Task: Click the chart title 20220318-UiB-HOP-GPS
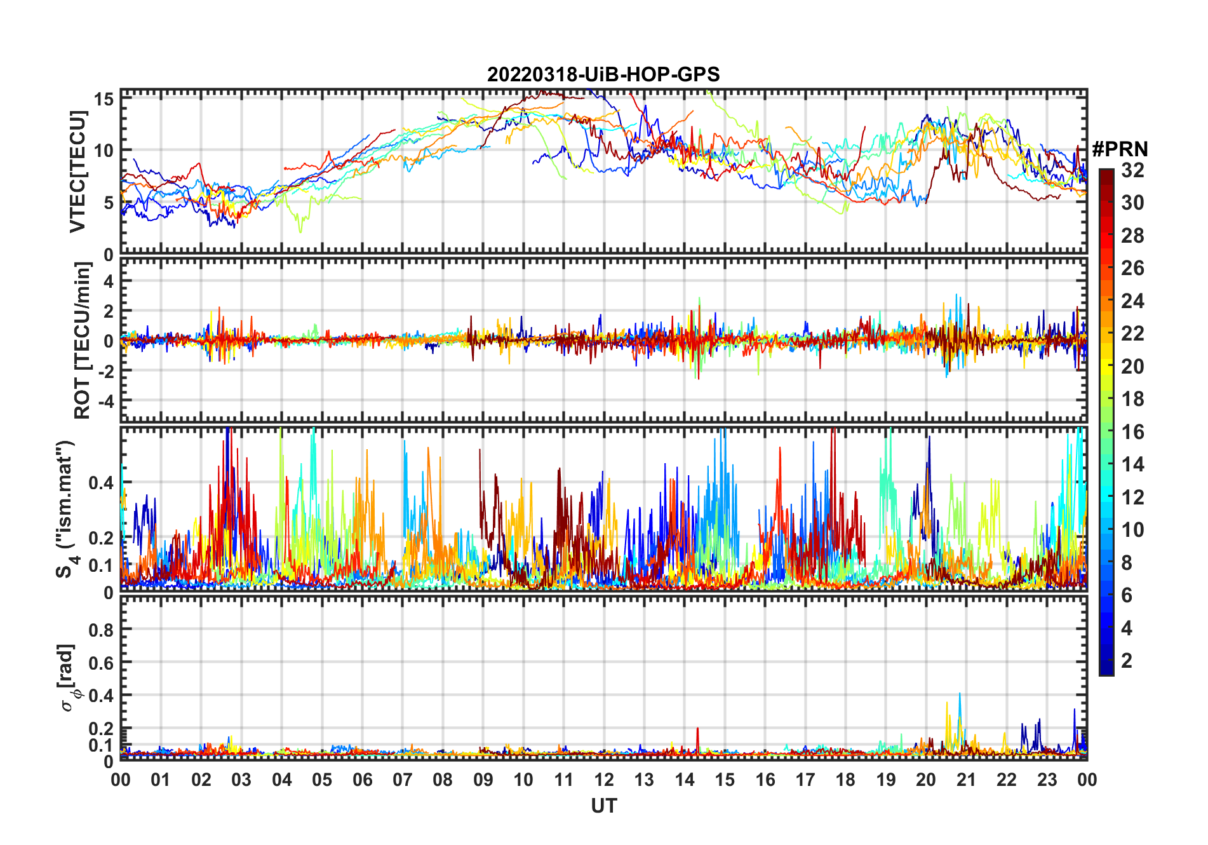pos(603,75)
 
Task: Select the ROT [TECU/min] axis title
pos(83,341)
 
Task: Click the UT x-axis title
pos(603,806)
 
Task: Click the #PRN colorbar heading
pos(1120,149)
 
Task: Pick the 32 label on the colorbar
pos(1132,170)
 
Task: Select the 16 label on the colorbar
pos(1132,432)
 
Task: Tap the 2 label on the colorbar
pos(1127,661)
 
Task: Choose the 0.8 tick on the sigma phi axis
pos(101,630)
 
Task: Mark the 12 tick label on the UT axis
pos(604,780)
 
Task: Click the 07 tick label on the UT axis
pos(403,780)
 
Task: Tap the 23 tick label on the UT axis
pos(1047,780)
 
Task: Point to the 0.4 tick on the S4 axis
pos(101,483)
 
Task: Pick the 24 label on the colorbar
pos(1132,301)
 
